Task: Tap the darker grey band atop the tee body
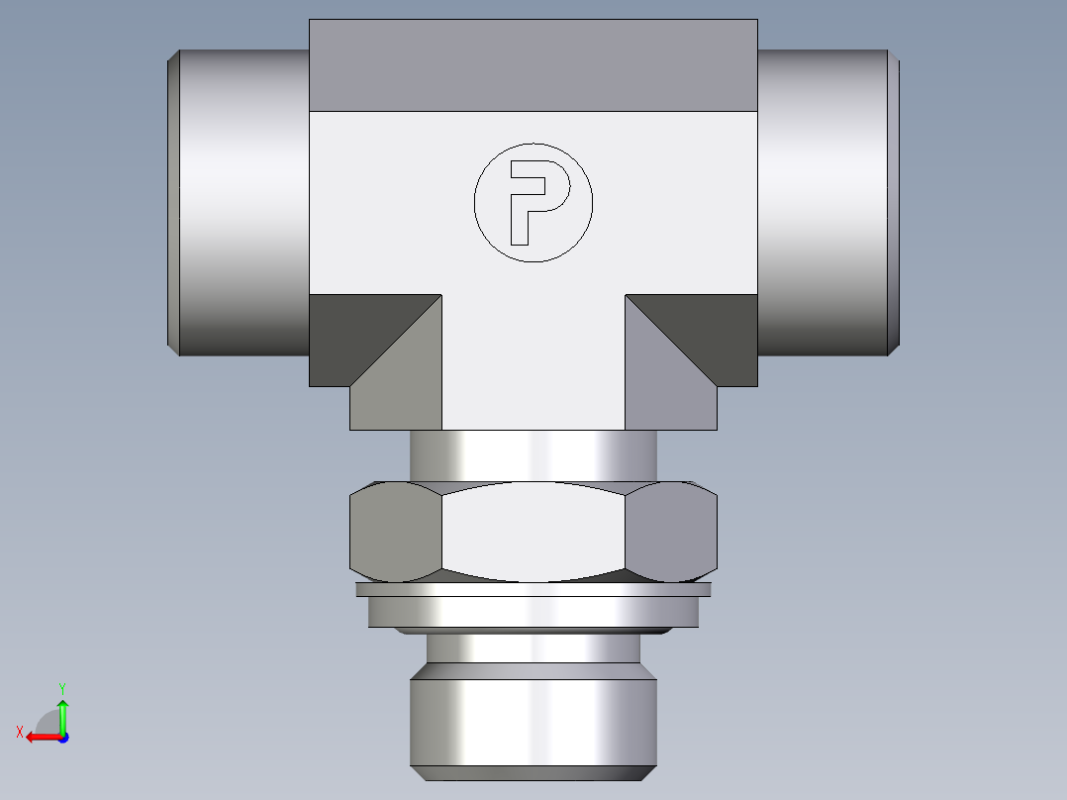(x=533, y=65)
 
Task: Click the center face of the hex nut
(x=533, y=533)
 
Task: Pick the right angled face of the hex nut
(x=671, y=533)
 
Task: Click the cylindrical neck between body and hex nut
(x=533, y=455)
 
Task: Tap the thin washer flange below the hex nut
(x=533, y=590)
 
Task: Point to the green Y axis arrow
(x=62, y=711)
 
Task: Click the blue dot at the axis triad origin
(x=62, y=737)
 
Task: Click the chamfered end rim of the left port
(x=172, y=203)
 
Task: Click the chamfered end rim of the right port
(x=895, y=203)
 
